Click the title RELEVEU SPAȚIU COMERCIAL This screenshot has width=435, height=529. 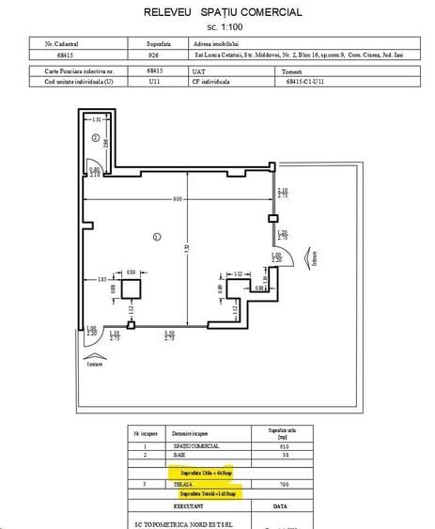coord(223,12)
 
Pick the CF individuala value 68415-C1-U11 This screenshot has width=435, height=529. coord(304,82)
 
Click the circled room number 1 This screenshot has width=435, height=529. coord(157,236)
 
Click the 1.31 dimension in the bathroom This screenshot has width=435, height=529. coord(96,119)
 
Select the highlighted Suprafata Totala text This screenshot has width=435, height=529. coord(206,491)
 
